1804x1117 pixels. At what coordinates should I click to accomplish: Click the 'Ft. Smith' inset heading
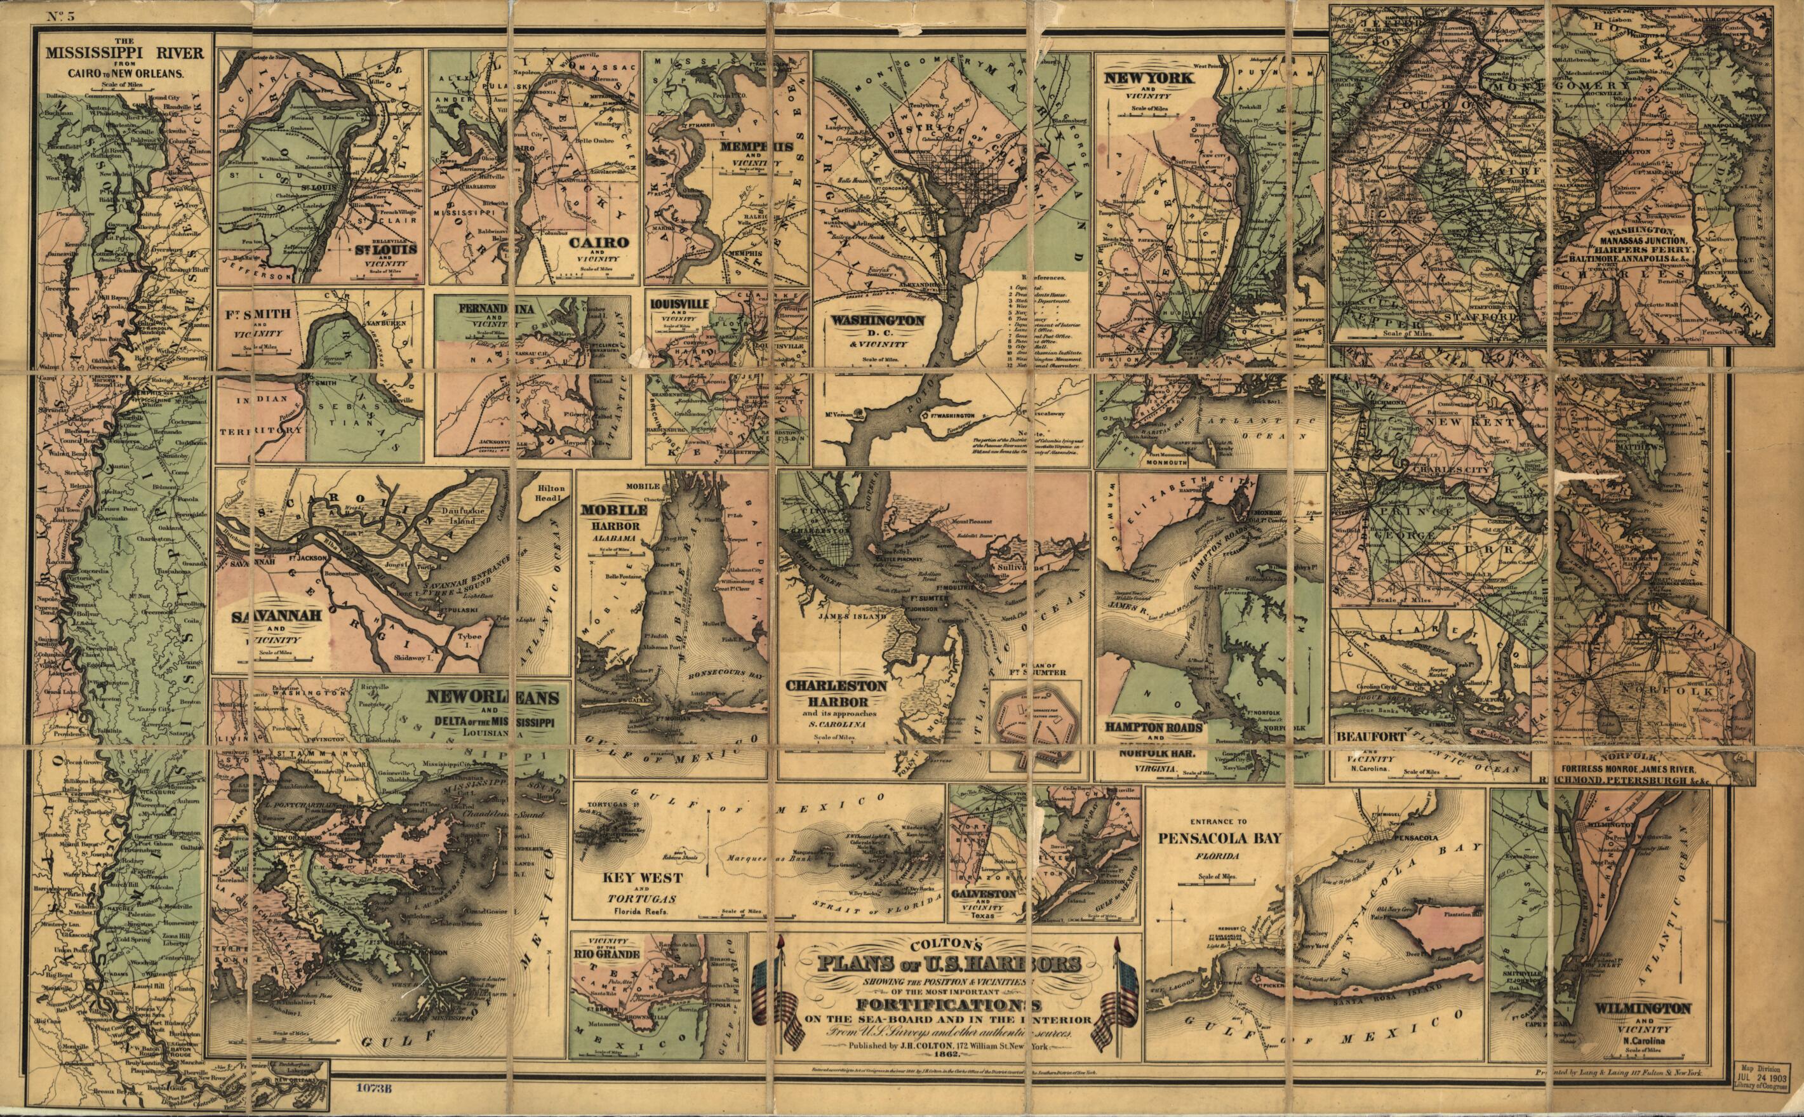(252, 312)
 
